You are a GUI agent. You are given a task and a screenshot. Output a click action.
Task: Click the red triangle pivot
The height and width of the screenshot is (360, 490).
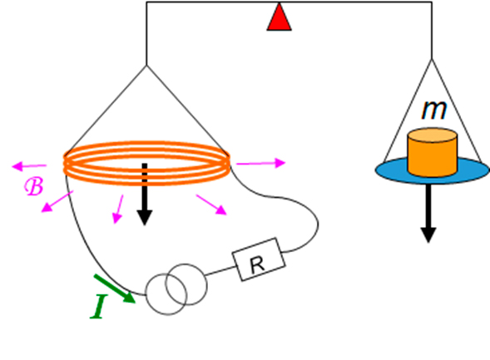pos(279,18)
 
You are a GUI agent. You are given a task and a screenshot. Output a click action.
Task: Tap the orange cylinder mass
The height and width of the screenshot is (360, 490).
pos(433,152)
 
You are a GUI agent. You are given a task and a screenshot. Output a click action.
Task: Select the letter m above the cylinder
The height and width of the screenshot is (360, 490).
pos(434,110)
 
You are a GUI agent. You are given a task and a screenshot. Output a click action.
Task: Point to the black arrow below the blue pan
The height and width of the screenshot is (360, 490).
pos(428,214)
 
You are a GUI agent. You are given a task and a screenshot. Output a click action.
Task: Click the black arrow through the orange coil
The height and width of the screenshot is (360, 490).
pos(145,194)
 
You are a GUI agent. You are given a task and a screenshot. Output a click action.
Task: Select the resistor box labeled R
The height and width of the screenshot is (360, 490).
pos(259,259)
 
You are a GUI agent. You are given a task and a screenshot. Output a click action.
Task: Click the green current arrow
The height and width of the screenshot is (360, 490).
pos(115,288)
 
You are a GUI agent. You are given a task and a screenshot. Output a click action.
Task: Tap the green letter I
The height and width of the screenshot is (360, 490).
pos(99,307)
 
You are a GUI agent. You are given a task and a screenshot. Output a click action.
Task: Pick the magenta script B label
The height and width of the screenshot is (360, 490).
pos(34,186)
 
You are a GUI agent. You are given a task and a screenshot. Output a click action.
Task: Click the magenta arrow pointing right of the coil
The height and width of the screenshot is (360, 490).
pos(261,163)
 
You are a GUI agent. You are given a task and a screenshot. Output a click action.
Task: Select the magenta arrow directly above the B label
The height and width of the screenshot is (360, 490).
pos(29,165)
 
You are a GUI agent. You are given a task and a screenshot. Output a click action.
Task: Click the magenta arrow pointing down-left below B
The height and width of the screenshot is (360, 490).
pos(57,202)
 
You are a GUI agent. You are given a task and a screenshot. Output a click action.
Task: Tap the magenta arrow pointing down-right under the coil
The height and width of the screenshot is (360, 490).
pos(211,205)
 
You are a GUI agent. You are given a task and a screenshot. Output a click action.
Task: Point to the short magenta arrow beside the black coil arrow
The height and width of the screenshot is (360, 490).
pos(118,210)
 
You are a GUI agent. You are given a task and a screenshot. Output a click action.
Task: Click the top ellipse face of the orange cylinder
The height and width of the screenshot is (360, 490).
pos(433,136)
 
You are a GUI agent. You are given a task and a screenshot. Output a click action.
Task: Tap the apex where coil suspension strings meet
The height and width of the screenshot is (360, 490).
pos(146,65)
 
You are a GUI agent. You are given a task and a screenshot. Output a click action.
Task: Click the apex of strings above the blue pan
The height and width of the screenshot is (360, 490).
pos(432,59)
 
